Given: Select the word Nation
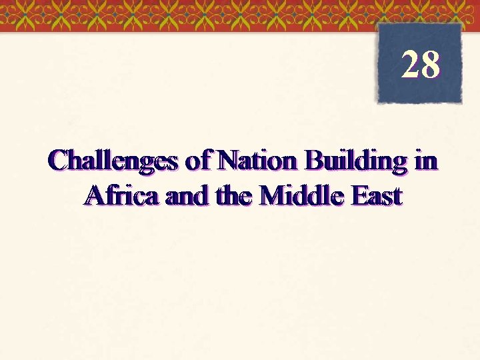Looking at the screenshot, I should [260, 161].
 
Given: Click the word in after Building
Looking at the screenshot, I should [427, 161].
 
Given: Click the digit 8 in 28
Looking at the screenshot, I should [431, 65].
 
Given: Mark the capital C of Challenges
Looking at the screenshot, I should [58, 161].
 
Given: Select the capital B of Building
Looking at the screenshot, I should [313, 161].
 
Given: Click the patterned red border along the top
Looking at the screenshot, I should [200, 15].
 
